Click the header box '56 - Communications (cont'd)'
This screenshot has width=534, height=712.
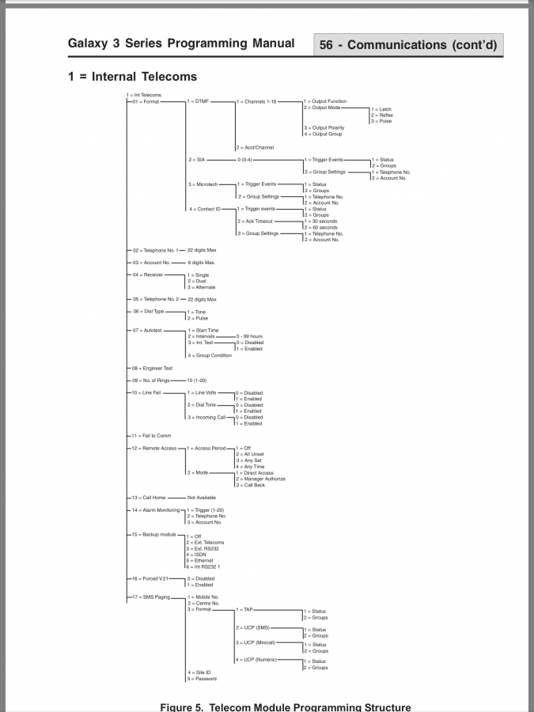(408, 45)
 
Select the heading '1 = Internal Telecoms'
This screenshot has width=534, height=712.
(133, 77)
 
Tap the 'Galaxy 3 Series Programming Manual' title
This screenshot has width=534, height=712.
(181, 44)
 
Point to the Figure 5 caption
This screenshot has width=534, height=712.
(286, 706)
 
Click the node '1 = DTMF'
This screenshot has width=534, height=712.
(199, 102)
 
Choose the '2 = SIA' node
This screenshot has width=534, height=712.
(197, 160)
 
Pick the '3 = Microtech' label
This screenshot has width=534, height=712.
(202, 184)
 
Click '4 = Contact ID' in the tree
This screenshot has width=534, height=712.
(203, 209)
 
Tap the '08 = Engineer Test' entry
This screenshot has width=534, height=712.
(152, 368)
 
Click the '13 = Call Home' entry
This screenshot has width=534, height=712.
(150, 498)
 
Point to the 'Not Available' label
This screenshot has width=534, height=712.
(201, 498)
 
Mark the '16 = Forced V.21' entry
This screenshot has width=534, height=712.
(151, 578)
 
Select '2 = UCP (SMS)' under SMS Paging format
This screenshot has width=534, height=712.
(252, 627)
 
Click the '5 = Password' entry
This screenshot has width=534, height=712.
(202, 679)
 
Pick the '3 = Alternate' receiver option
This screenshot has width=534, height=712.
(201, 287)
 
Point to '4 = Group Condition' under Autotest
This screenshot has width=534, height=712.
(210, 355)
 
